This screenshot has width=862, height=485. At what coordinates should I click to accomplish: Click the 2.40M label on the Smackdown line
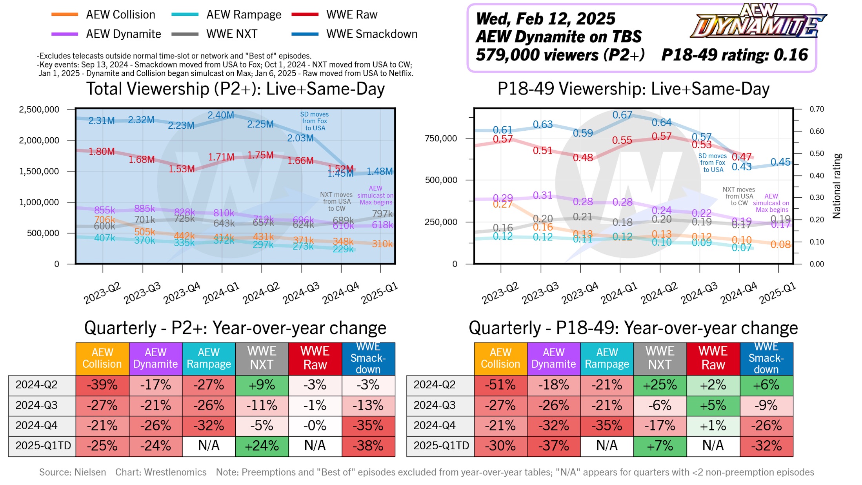(221, 115)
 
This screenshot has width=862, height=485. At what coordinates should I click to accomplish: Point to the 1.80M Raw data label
(102, 151)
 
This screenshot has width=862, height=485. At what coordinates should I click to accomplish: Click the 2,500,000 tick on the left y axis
(39, 109)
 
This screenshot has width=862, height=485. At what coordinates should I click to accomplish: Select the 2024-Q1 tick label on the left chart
(221, 293)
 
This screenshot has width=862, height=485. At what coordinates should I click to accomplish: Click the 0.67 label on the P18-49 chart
(622, 115)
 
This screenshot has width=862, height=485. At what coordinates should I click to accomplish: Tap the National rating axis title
(837, 186)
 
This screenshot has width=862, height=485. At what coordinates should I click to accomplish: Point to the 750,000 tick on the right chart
(441, 139)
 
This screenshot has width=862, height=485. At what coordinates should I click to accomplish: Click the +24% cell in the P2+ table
(262, 446)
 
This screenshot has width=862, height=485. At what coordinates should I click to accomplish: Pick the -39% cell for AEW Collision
(102, 385)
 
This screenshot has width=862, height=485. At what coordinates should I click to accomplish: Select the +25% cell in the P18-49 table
(660, 385)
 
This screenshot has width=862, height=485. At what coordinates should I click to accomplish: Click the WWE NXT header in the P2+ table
(262, 358)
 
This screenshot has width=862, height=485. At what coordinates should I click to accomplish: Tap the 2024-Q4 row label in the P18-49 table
(435, 426)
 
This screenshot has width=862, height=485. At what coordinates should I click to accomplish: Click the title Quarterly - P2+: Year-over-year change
(235, 328)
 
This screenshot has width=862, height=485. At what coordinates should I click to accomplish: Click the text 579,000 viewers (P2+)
(560, 55)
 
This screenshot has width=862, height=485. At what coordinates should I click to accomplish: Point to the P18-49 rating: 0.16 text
(735, 55)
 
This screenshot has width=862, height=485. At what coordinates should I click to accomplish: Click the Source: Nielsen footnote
(73, 472)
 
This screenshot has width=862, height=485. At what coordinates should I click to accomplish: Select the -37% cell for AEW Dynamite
(553, 446)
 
